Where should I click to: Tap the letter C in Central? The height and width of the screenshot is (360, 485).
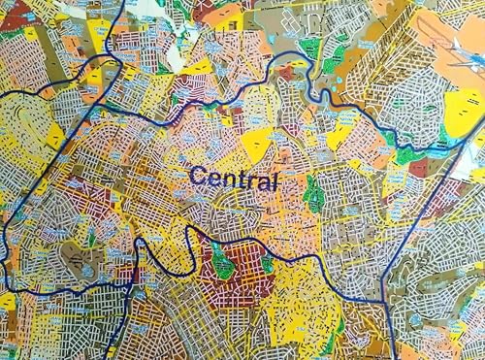click(197, 176)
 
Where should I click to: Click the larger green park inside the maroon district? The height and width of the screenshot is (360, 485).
click(222, 259)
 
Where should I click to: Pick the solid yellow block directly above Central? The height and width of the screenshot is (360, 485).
click(257, 146)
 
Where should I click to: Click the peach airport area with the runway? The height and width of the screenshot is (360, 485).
click(441, 44)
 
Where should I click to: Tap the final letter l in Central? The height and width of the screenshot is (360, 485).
click(275, 179)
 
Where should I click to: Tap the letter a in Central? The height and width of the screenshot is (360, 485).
click(263, 180)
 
